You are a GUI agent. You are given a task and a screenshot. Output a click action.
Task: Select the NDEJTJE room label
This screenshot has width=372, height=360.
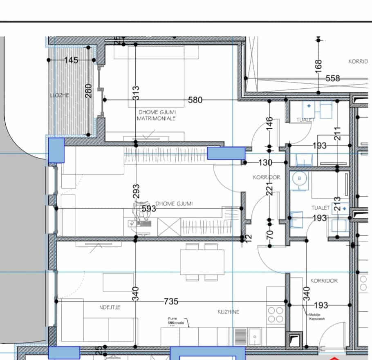coord(110,307)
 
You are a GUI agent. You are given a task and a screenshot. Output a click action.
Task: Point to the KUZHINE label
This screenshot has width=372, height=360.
coord(228,312)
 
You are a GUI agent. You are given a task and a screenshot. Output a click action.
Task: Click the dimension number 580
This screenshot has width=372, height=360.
coord(195,100)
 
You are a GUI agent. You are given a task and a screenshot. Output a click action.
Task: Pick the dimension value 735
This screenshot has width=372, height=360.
coord(171,302)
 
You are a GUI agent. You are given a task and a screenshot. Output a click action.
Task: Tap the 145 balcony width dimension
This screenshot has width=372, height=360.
coord(71,60)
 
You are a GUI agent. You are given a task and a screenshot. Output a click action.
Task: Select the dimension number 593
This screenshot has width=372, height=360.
coord(149,208)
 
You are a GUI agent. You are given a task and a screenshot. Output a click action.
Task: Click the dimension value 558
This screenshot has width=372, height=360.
coord(333,78)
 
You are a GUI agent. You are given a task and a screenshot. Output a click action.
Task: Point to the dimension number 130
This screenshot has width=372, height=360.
coord(265,163)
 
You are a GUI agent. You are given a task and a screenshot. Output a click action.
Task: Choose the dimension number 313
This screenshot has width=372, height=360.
coord(136,93)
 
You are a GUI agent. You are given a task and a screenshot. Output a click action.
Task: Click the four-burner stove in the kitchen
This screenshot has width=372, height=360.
coord(276,315)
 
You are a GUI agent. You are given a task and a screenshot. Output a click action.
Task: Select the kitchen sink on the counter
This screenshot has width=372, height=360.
coord(254,336)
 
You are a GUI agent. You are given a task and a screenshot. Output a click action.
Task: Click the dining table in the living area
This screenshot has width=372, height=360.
coord(202,262)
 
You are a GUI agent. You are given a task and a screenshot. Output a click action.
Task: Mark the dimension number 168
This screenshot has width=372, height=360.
coord(319,65)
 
